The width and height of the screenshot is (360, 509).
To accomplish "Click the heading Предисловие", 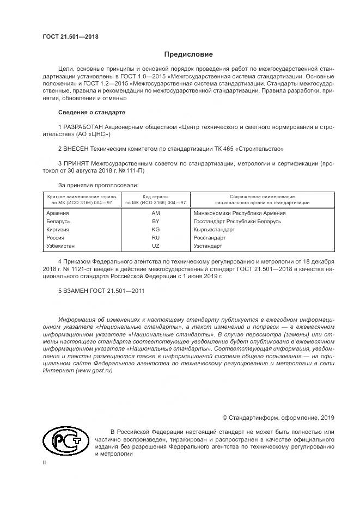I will (189, 54).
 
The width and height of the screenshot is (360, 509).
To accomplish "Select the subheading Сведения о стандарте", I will (91, 112).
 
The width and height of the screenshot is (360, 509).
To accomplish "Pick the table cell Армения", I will (58, 213).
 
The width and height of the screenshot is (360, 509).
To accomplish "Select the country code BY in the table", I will (156, 222).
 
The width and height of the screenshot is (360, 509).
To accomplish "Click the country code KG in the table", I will (156, 230).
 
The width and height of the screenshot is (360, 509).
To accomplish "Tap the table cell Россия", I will (56, 238).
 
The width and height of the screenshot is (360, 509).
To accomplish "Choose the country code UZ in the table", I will (156, 246).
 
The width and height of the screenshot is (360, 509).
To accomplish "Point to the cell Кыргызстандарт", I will (214, 230).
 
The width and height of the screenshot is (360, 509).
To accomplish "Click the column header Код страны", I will (156, 196).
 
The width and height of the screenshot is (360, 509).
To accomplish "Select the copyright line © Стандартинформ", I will (278, 418).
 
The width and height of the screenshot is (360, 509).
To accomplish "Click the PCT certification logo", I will (64, 440).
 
